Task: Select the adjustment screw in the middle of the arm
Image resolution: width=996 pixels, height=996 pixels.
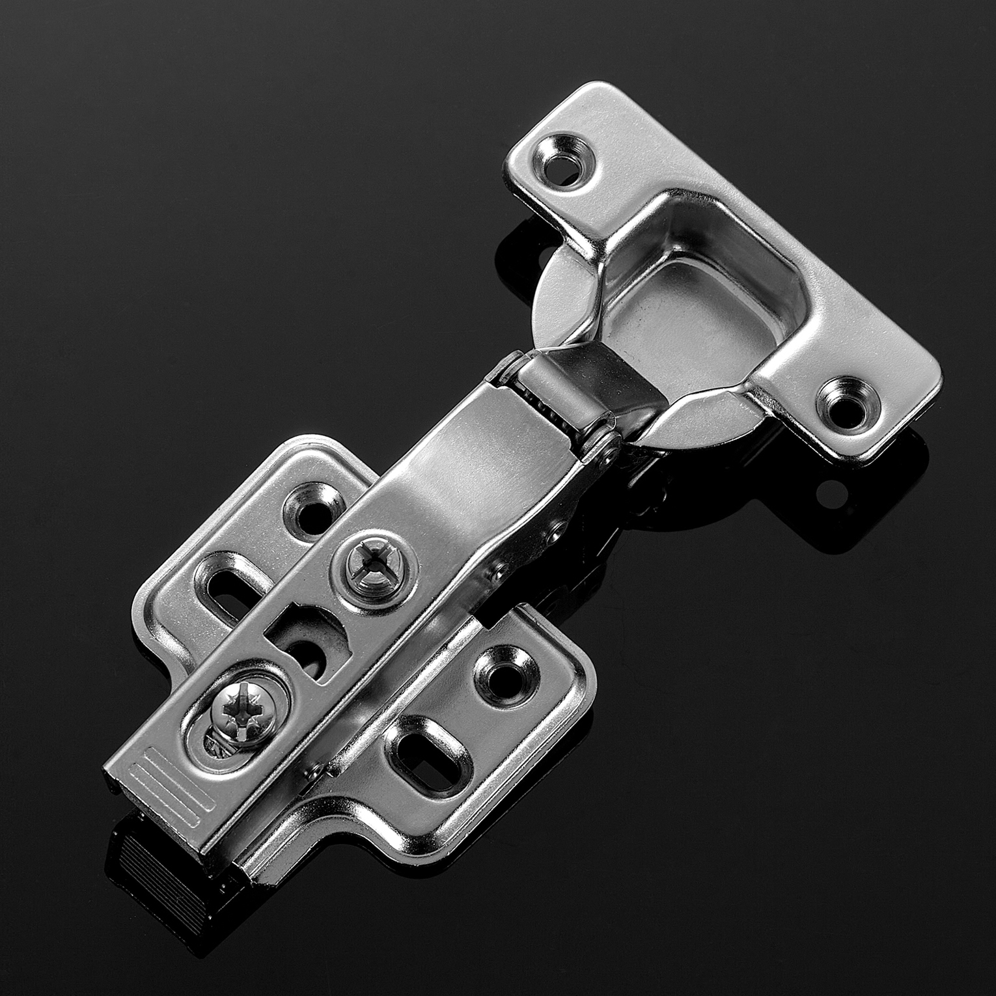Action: [x=374, y=562]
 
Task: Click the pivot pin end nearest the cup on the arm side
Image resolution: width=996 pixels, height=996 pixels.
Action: [x=611, y=449]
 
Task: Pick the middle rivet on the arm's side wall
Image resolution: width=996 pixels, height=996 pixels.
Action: [x=554, y=536]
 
